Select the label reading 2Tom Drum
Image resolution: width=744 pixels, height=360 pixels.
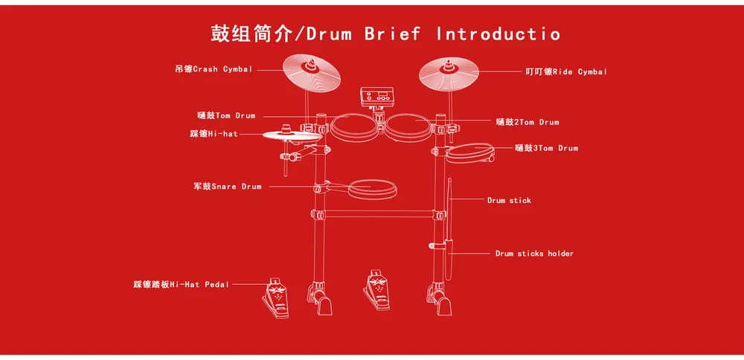coord(527,122)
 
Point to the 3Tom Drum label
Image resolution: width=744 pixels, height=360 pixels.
coord(546,148)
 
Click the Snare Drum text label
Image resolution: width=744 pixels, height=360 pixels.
coord(228,187)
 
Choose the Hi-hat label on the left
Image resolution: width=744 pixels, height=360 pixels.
coord(214,134)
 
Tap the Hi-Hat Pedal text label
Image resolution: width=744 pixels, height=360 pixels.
coord(181,284)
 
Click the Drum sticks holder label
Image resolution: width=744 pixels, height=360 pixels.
coord(534,254)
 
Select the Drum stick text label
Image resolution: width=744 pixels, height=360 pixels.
coord(509,200)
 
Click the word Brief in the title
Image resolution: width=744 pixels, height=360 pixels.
coord(391,33)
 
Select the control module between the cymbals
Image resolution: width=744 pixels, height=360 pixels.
coord(377,97)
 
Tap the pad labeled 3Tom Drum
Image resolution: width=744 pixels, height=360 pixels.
coord(469,152)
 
